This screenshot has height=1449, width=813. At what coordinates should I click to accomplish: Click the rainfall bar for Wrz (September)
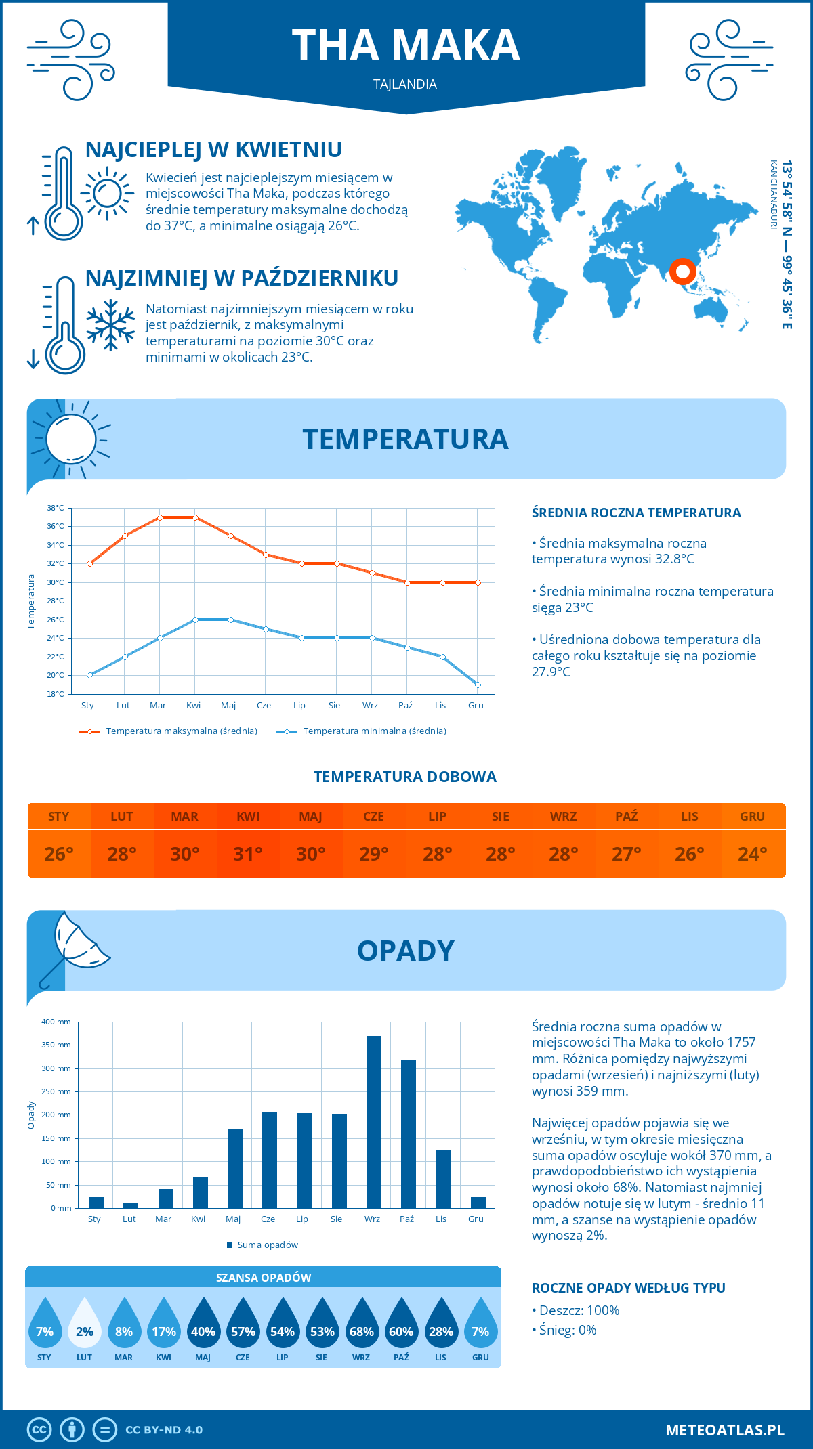click(x=373, y=1122)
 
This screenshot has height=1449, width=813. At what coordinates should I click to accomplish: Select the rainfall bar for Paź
click(x=408, y=1133)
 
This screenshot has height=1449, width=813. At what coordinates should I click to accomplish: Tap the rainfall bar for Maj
click(x=234, y=1168)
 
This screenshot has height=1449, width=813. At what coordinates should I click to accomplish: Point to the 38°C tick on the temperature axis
click(x=56, y=508)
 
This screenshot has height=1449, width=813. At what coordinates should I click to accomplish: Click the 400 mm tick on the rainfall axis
click(x=56, y=1022)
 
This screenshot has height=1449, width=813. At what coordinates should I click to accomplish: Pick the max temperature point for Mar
click(x=160, y=517)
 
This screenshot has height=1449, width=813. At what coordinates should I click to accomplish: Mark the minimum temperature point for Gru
click(x=478, y=685)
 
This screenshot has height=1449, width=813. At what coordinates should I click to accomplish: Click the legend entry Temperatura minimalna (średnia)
click(x=374, y=731)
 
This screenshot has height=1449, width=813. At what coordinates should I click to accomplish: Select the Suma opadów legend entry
click(x=268, y=1245)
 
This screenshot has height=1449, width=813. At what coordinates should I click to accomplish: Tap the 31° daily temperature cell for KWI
click(x=248, y=854)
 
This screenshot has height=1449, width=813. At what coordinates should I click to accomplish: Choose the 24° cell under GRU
click(x=752, y=854)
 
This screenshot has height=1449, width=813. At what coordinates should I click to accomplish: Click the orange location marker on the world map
click(x=682, y=272)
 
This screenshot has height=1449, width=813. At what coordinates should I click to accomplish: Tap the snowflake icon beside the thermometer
click(x=110, y=325)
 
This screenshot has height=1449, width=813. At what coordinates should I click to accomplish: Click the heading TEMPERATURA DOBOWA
click(x=405, y=777)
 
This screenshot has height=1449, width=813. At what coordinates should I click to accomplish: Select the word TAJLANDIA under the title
click(x=405, y=84)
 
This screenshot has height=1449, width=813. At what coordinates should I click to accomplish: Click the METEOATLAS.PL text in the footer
click(x=725, y=1430)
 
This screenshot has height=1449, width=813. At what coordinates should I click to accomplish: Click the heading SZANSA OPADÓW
click(x=264, y=1278)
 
